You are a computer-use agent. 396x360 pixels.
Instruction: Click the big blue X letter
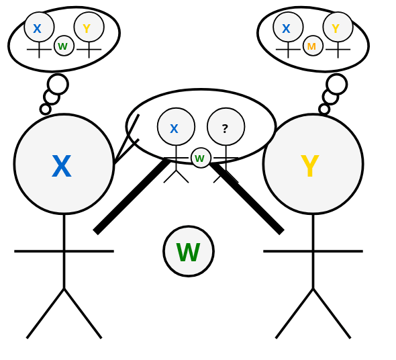pyautogui.click(x=61, y=167)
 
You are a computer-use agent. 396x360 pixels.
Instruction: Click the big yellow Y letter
pyautogui.click(x=309, y=167)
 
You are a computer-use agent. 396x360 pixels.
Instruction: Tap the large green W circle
pyautogui.click(x=189, y=252)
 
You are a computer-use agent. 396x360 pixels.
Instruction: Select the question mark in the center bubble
pyautogui.click(x=225, y=128)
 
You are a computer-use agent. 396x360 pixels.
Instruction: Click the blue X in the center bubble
pyautogui.click(x=174, y=129)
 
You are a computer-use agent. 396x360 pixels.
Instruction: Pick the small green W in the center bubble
pyautogui.click(x=200, y=159)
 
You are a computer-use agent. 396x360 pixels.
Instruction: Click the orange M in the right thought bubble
pyautogui.click(x=311, y=46)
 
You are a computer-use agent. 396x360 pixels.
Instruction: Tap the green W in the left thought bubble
pyautogui.click(x=62, y=46)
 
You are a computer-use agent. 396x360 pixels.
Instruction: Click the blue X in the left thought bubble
pyautogui.click(x=37, y=29)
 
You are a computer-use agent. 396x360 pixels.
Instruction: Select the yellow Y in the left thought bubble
pyautogui.click(x=87, y=29)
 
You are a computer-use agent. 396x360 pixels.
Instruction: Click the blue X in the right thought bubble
pyautogui.click(x=286, y=29)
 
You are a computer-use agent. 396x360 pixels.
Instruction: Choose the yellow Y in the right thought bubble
pyautogui.click(x=336, y=29)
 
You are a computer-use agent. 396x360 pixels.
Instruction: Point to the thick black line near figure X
pyautogui.click(x=132, y=196)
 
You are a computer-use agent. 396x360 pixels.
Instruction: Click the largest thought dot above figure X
pyautogui.click(x=58, y=84)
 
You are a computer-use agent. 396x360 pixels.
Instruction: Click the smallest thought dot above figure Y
pyautogui.click(x=324, y=109)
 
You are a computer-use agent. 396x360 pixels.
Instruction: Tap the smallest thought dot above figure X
pyautogui.click(x=45, y=109)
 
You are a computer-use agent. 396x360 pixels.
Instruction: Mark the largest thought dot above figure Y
pyautogui.click(x=337, y=84)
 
